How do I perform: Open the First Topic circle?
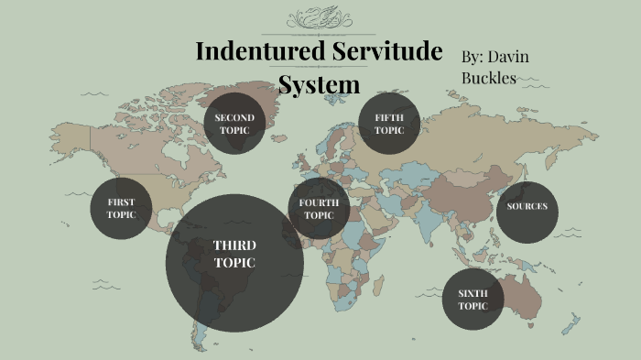click(x=121, y=208)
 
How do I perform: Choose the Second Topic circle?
click(x=234, y=124)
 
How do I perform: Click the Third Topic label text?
click(x=234, y=254)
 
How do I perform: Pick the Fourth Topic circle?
click(x=319, y=208)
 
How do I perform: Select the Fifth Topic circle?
click(x=389, y=124)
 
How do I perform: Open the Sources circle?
click(x=527, y=206)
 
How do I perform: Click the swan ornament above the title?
click(x=321, y=18)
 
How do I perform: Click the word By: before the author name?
click(x=473, y=57)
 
